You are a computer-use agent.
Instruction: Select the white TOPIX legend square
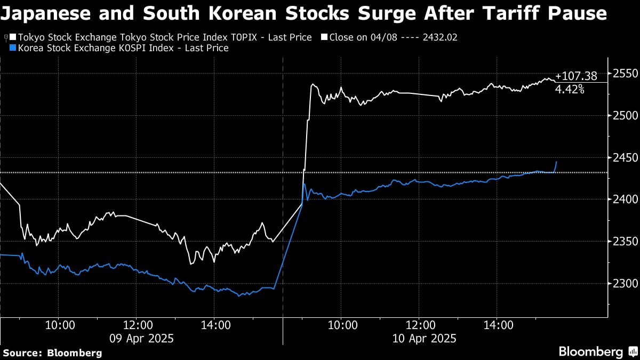(13, 37)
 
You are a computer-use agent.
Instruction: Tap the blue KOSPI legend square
(13, 48)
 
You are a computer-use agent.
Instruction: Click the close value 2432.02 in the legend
(439, 37)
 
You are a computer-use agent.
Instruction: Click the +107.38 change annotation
(576, 76)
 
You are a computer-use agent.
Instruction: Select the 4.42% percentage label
(570, 89)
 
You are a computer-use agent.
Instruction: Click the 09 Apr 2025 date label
(141, 338)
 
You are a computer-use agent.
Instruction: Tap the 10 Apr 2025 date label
(425, 338)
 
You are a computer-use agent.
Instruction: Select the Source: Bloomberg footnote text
(52, 353)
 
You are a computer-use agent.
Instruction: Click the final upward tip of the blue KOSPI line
(557, 162)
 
